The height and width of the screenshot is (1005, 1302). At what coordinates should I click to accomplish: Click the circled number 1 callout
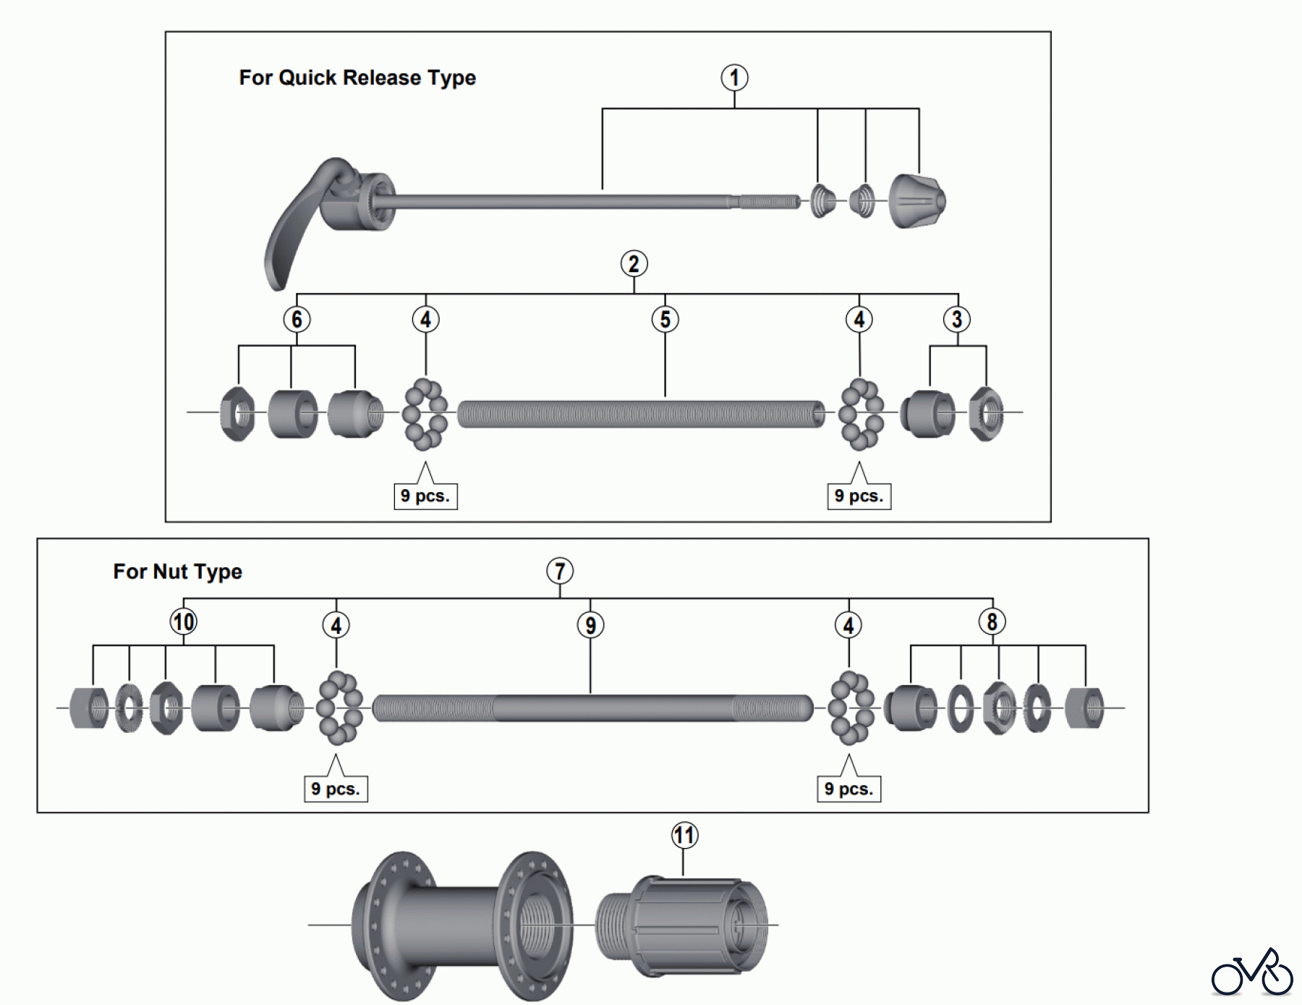click(x=734, y=77)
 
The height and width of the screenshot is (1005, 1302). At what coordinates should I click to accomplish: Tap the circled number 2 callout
click(x=634, y=263)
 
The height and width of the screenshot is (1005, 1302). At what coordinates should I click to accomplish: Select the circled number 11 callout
click(x=684, y=835)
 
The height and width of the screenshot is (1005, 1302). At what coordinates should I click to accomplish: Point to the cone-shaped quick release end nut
click(x=916, y=201)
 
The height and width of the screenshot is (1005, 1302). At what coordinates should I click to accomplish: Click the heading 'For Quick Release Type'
click(x=357, y=77)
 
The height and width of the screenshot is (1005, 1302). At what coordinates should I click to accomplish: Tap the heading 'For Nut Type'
click(x=177, y=572)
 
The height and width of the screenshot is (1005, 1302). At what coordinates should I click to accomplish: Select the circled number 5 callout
click(x=665, y=319)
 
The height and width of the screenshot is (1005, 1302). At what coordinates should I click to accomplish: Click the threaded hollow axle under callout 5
click(x=640, y=414)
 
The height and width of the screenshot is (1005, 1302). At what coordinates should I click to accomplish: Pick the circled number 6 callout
click(x=297, y=319)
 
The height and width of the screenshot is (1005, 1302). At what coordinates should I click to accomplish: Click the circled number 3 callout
click(x=956, y=319)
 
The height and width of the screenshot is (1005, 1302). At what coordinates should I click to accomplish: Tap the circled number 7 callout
click(x=559, y=571)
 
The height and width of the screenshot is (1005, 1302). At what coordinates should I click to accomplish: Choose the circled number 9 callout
click(x=590, y=625)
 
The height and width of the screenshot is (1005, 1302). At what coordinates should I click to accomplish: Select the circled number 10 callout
click(x=183, y=622)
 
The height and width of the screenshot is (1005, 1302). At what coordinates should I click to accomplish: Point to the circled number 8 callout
click(x=992, y=622)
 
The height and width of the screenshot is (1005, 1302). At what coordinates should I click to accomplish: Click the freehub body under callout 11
click(x=680, y=925)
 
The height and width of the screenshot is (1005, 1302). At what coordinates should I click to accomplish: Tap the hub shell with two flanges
click(x=463, y=925)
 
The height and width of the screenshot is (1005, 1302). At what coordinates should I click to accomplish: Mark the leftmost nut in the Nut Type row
click(x=89, y=708)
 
